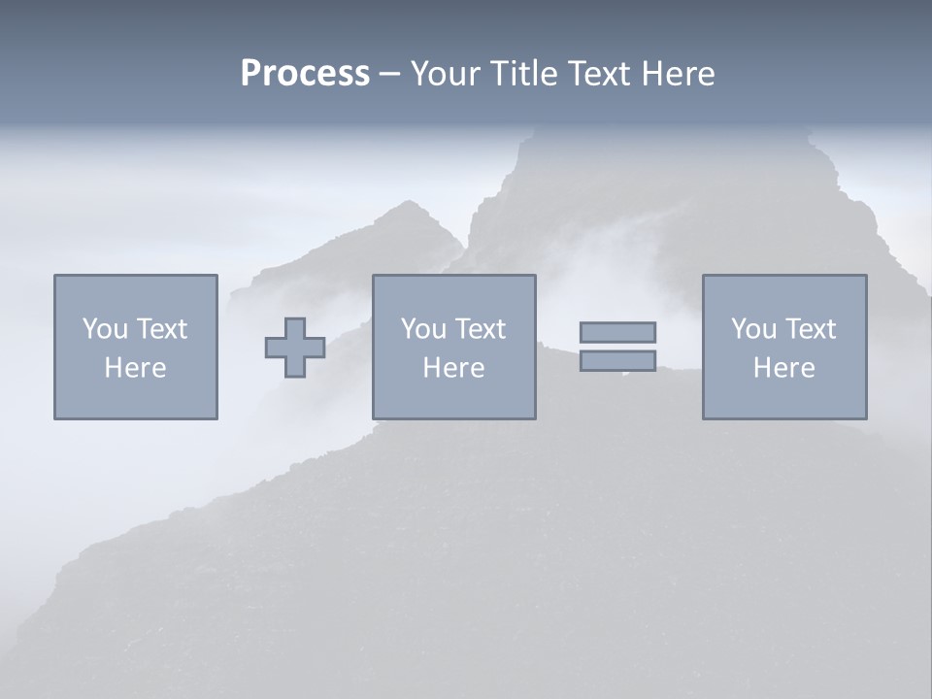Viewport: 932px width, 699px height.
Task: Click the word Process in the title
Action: click(305, 73)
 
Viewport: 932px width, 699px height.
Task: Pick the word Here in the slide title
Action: click(680, 73)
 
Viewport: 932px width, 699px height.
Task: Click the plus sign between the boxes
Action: click(295, 348)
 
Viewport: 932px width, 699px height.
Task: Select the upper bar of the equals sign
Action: click(617, 332)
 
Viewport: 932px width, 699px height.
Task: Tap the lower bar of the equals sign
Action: click(617, 360)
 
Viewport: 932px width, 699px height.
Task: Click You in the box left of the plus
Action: click(105, 329)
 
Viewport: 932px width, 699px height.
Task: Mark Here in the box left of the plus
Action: click(135, 368)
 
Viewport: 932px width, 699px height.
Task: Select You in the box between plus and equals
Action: click(423, 329)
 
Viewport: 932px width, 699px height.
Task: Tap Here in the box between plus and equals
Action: click(453, 368)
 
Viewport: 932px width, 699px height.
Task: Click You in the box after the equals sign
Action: click(753, 329)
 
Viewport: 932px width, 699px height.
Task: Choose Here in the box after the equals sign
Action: click(783, 368)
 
